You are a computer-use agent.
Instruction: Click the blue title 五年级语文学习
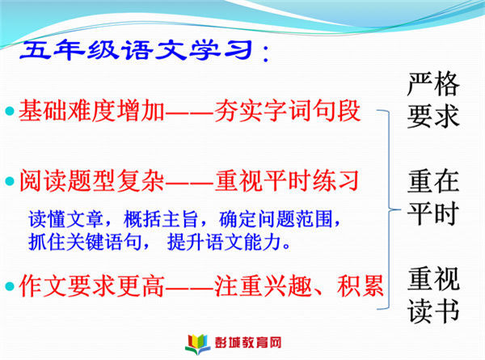click(135, 50)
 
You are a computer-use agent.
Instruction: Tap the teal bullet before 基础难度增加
click(10, 111)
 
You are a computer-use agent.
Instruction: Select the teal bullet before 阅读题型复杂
click(10, 181)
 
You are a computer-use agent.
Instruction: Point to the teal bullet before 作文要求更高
click(10, 286)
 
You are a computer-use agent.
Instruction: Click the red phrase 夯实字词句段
click(287, 111)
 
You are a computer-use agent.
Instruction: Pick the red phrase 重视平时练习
click(287, 180)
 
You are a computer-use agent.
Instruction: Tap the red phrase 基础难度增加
click(91, 111)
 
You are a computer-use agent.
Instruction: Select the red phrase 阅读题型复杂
click(91, 180)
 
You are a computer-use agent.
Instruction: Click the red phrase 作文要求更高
click(91, 286)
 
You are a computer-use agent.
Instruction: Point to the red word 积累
click(361, 286)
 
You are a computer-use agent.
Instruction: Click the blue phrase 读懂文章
click(65, 219)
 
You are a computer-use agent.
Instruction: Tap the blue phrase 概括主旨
click(161, 219)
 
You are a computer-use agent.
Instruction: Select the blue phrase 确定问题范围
click(276, 219)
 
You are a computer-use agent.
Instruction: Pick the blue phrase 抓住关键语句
click(85, 242)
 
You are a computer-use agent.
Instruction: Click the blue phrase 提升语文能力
click(224, 242)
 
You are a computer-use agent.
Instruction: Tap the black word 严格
click(433, 84)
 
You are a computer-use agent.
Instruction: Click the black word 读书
click(433, 311)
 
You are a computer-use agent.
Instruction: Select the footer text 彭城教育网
click(248, 343)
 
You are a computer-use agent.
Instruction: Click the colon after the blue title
click(265, 54)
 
